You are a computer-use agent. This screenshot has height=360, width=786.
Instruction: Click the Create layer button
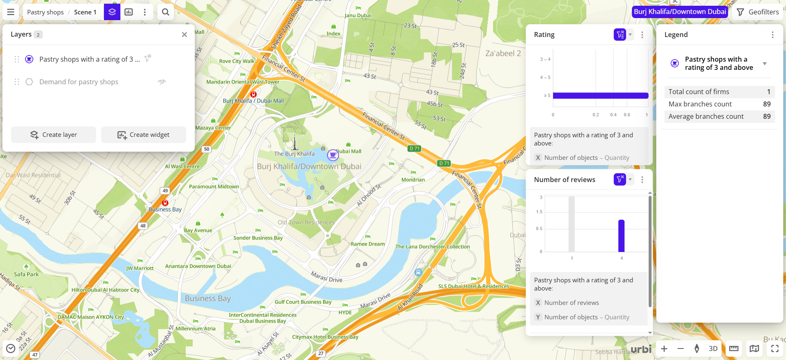pyautogui.click(x=53, y=135)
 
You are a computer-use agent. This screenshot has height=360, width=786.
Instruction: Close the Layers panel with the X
pyautogui.click(x=184, y=35)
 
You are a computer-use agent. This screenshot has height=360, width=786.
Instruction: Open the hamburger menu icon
pyautogui.click(x=11, y=12)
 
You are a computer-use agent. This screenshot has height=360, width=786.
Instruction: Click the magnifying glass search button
pyautogui.click(x=166, y=12)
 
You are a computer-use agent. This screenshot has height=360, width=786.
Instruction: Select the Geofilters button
pyautogui.click(x=758, y=12)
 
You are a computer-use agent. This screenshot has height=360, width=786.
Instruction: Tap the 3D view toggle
pyautogui.click(x=713, y=348)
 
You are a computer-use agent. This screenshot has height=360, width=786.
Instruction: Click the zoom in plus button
pyautogui.click(x=664, y=348)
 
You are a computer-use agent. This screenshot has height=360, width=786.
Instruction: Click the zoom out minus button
pyautogui.click(x=680, y=348)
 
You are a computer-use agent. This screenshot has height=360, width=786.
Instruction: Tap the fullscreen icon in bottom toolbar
pyautogui.click(x=775, y=348)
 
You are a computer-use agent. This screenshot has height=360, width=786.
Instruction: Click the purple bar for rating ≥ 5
pyautogui.click(x=600, y=96)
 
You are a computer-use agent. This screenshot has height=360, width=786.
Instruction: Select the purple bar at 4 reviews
pyautogui.click(x=621, y=236)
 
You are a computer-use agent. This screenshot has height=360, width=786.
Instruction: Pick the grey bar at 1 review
pyautogui.click(x=572, y=224)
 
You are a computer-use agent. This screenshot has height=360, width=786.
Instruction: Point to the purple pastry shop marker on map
pyautogui.click(x=333, y=155)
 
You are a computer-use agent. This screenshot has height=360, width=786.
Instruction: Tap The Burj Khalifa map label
pyautogui.click(x=294, y=154)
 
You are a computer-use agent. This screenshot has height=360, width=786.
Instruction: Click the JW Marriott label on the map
pyautogui.click(x=140, y=268)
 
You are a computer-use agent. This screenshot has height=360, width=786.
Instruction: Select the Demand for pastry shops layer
pyautogui.click(x=79, y=82)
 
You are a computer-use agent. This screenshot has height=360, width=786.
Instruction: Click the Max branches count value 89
pyautogui.click(x=767, y=104)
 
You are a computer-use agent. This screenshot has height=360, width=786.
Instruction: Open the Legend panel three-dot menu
pyautogui.click(x=772, y=35)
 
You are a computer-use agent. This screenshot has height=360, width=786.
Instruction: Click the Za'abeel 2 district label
pyautogui.click(x=503, y=53)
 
